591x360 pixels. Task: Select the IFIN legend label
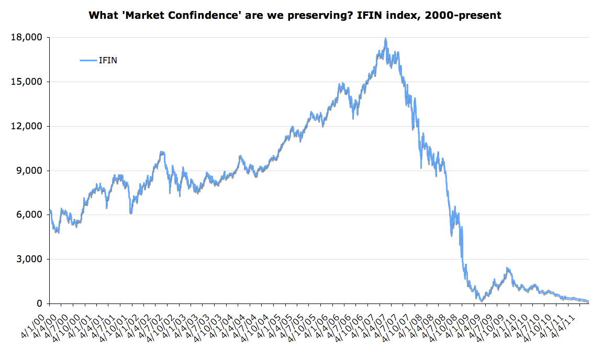point(108,61)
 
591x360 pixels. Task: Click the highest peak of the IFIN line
point(386,39)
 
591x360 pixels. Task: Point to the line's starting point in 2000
point(50,211)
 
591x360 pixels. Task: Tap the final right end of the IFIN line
point(588,301)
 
